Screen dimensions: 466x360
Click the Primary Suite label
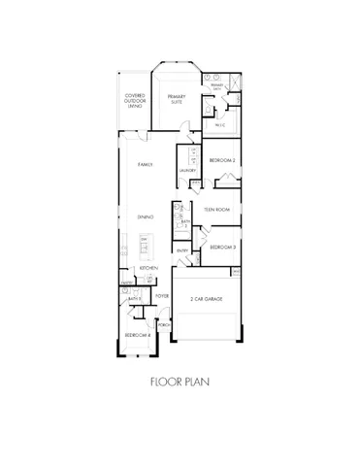[x=176, y=98]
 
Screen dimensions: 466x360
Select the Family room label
[x=147, y=164]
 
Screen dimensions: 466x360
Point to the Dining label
[x=147, y=216]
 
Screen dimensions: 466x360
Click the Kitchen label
[x=148, y=267]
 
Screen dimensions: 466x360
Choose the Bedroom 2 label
[x=221, y=158]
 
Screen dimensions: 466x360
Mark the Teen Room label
[x=216, y=209]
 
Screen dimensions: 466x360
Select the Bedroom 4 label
[x=136, y=335]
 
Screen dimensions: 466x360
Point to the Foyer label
[x=163, y=295]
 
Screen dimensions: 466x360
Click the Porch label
[x=163, y=325]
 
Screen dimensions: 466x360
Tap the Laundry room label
[x=188, y=171]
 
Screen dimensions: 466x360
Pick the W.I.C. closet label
[x=220, y=124]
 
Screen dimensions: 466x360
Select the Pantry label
[x=126, y=283]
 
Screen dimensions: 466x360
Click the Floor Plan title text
[x=180, y=382]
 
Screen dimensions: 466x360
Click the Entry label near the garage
[x=182, y=250]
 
